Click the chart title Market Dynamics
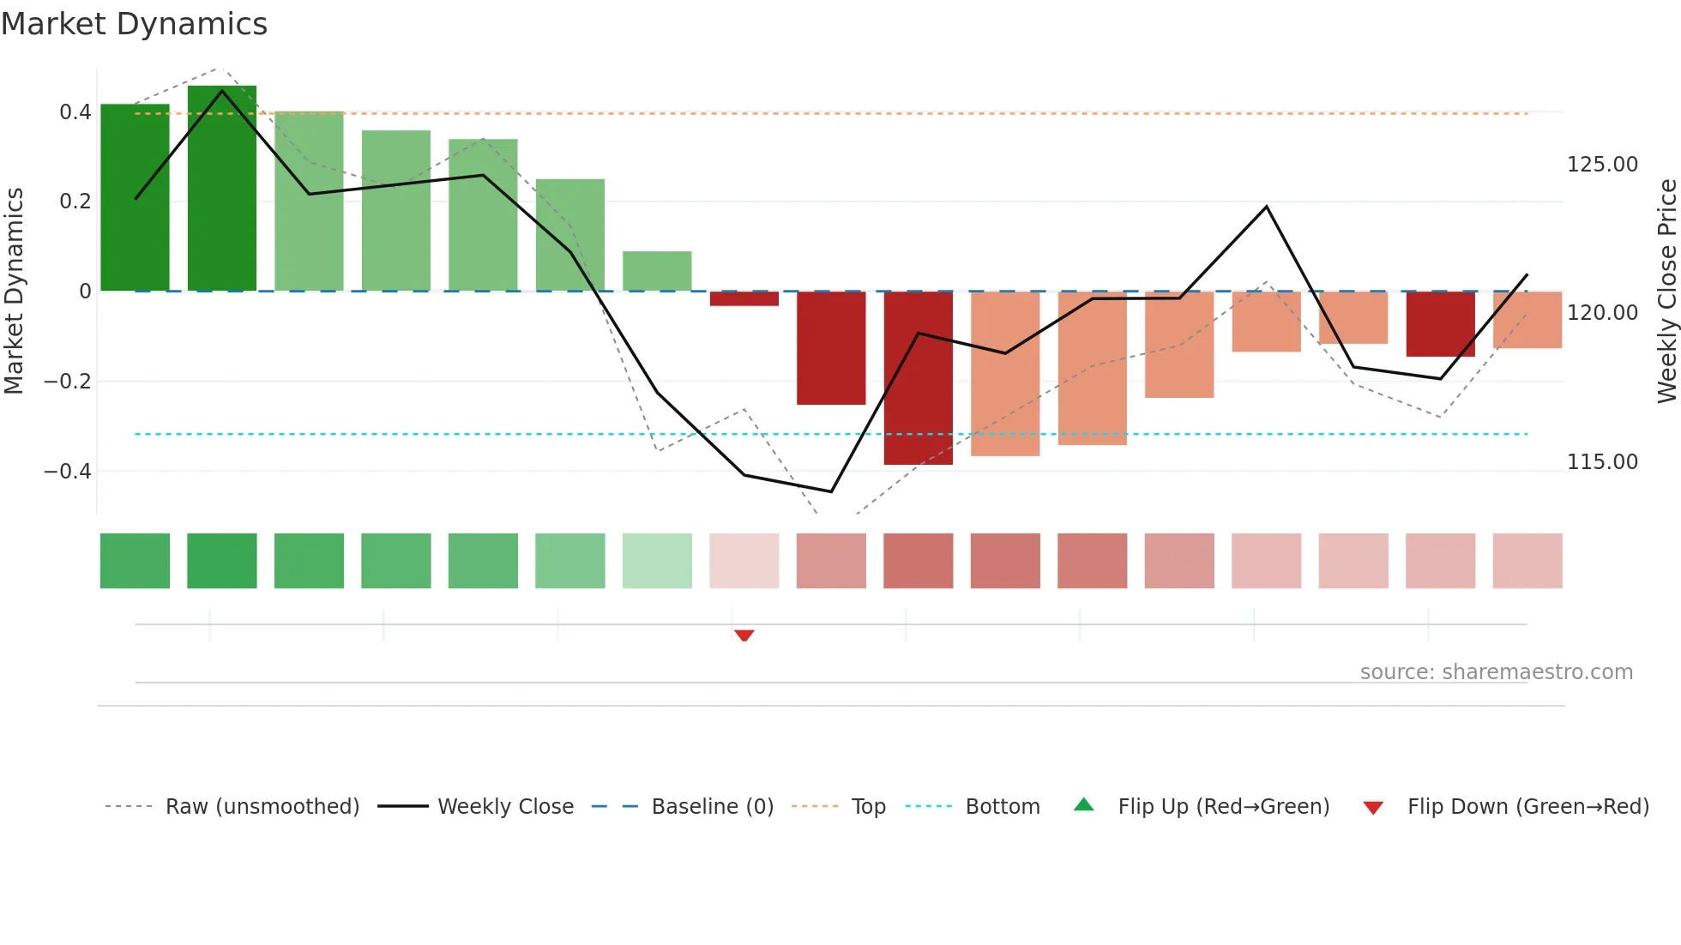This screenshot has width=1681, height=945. [135, 24]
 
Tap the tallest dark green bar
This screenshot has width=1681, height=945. [222, 189]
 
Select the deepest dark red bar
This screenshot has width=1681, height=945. [918, 377]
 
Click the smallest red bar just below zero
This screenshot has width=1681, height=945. [744, 298]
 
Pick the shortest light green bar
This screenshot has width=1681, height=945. [657, 271]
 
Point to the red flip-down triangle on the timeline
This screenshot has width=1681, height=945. [744, 635]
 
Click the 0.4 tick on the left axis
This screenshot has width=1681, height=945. [75, 112]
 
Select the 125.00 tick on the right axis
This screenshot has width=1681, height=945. [1602, 165]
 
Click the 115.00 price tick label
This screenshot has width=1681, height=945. [1602, 462]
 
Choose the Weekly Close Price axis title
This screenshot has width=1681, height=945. [1666, 292]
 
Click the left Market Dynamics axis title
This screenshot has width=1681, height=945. [14, 292]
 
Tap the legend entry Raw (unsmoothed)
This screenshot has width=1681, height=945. [262, 807]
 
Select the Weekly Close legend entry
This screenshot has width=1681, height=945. [505, 807]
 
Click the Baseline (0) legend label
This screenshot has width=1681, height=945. [712, 807]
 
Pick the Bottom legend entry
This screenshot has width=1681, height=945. [1002, 807]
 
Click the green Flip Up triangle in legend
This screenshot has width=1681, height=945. [1084, 805]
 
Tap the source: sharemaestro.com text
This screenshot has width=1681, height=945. [1496, 672]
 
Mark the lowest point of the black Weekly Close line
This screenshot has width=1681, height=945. [831, 491]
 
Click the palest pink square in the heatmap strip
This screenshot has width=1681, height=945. [744, 561]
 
